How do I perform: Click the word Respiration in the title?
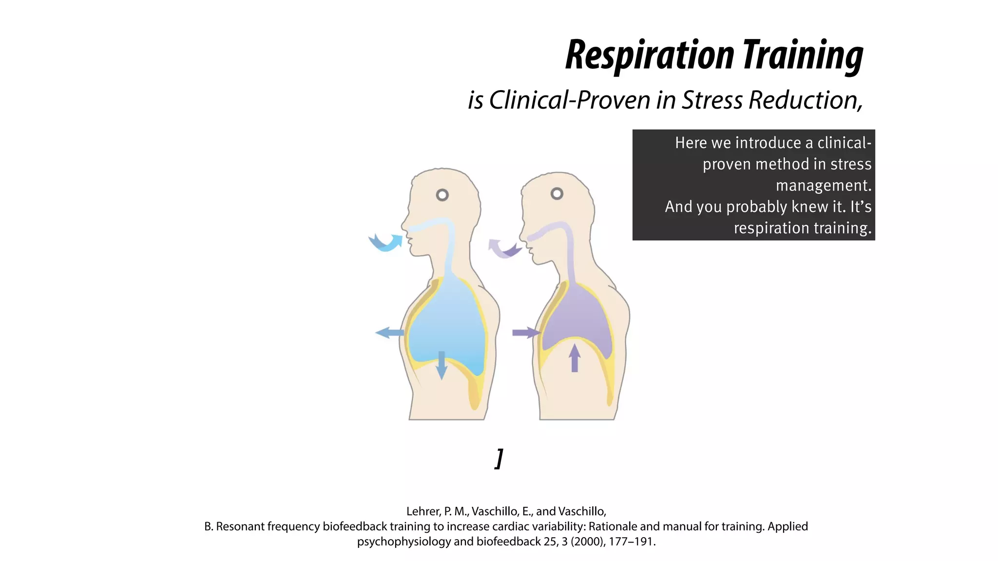point(650,56)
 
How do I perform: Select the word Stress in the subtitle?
point(712,100)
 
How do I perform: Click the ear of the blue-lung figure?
point(442,195)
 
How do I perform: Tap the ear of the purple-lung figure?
point(557,194)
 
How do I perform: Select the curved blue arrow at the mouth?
point(385,242)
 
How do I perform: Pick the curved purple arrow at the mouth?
point(504,248)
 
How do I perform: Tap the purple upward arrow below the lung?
point(575,358)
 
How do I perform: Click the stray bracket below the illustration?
point(499,459)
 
